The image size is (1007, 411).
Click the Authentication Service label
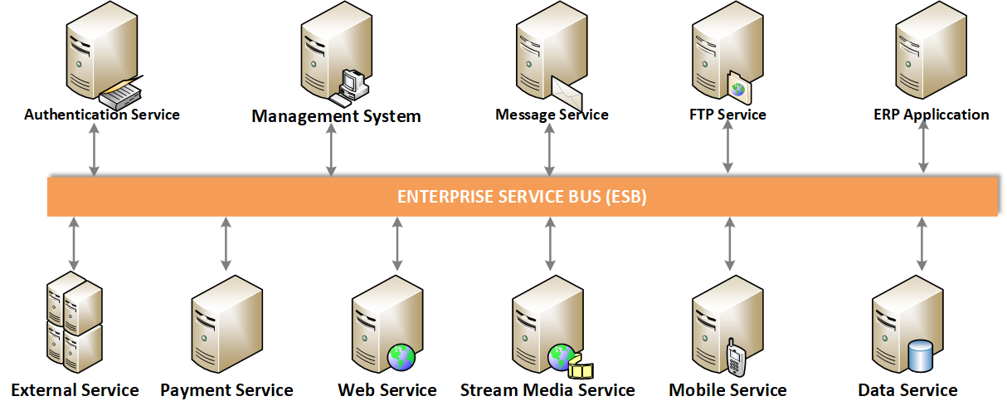coord(101,115)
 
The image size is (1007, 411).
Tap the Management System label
coord(336,116)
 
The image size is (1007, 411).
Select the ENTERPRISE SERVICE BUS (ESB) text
coord(522,197)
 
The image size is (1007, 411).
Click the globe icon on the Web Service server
coord(401,357)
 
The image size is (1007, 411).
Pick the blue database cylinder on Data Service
coord(920,356)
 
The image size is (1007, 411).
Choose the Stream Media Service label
coord(547,390)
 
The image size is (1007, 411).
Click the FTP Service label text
coord(728,115)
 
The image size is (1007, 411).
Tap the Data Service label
coord(907,390)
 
